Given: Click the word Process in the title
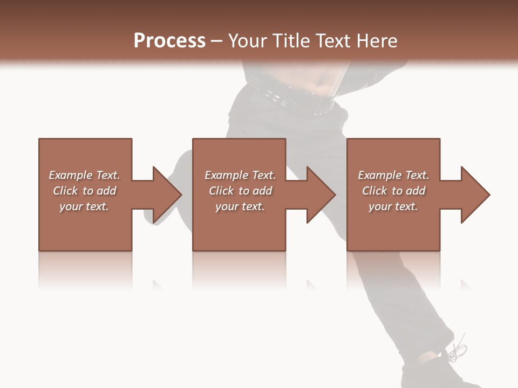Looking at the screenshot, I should point(169,41).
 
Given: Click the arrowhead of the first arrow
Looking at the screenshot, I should point(166,195).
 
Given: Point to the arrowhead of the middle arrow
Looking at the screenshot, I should point(321,195).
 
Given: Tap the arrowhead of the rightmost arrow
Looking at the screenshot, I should point(475,195).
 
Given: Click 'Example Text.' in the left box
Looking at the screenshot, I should point(84,175).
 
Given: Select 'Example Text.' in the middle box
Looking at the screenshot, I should point(240,175).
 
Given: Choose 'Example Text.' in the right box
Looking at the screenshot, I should point(393,175).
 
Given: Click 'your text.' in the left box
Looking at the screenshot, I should point(84,206).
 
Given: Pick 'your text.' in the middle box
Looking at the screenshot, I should point(240,206).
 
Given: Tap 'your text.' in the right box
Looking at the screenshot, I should point(393,206).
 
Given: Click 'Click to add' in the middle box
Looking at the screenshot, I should point(240,191).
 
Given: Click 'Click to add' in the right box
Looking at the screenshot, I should point(393,191).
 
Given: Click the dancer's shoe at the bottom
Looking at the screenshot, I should point(437,372).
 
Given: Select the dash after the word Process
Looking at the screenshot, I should point(216,41).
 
